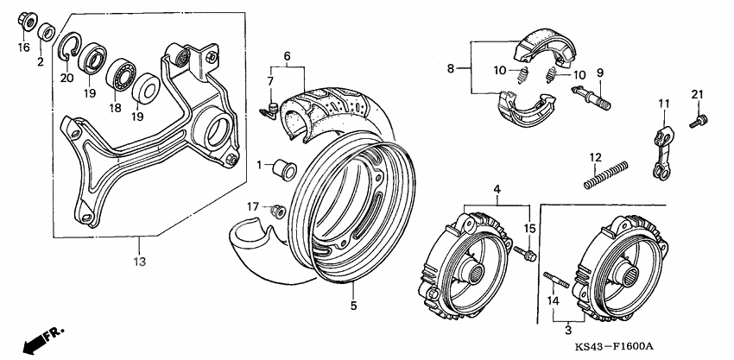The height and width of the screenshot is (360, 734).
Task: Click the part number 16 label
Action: (24, 47)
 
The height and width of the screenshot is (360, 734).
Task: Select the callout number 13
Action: (141, 262)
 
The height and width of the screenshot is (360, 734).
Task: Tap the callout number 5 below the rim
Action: (352, 305)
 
